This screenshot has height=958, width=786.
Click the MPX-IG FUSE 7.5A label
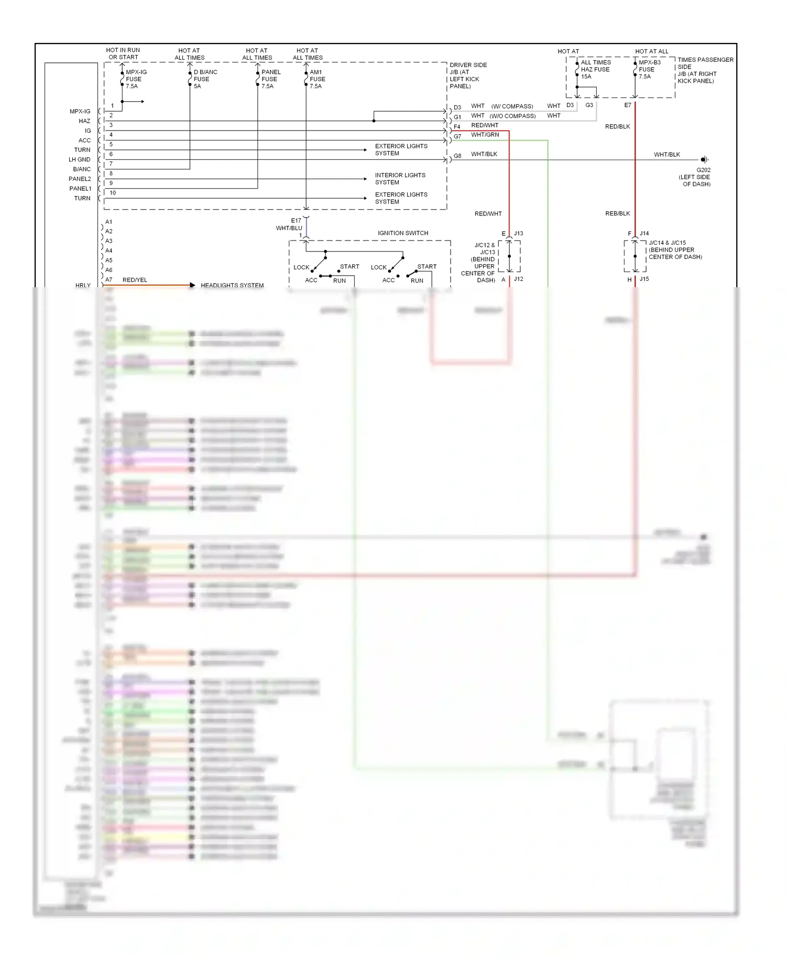coord(136,79)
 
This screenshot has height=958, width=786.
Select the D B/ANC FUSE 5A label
coord(205,79)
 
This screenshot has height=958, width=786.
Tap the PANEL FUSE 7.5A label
coord(271,79)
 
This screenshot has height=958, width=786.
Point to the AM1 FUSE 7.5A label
coord(317,79)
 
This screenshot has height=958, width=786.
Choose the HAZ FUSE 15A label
coord(595,69)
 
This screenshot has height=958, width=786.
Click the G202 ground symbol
coord(704,159)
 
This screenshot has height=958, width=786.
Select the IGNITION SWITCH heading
coord(403,233)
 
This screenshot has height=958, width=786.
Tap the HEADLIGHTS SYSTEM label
coord(232,286)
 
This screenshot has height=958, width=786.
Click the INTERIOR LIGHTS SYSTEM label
coord(400,179)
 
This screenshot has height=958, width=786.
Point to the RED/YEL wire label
coord(135,280)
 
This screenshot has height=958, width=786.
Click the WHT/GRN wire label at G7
coord(485,135)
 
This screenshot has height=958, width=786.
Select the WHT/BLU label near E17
coord(289,228)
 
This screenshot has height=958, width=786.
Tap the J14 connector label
coord(644,233)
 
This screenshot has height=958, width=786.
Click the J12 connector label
coord(518,279)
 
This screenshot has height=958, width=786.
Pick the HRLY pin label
coord(83,286)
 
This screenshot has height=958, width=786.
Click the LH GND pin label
coord(79,159)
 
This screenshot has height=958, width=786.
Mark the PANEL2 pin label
coord(80,179)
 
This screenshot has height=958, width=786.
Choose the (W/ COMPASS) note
coord(512,106)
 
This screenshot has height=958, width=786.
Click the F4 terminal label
coord(457,127)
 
